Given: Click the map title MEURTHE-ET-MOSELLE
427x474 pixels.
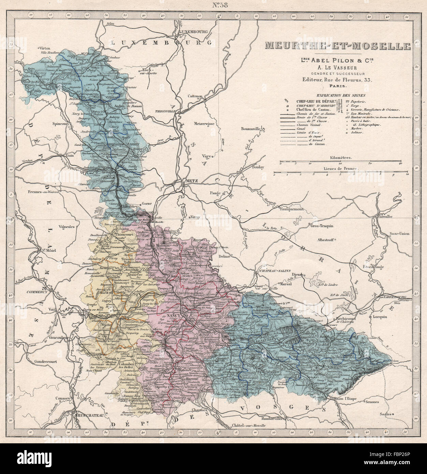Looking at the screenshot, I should (333, 46).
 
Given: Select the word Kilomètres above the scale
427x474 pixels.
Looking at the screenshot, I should (341, 158).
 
